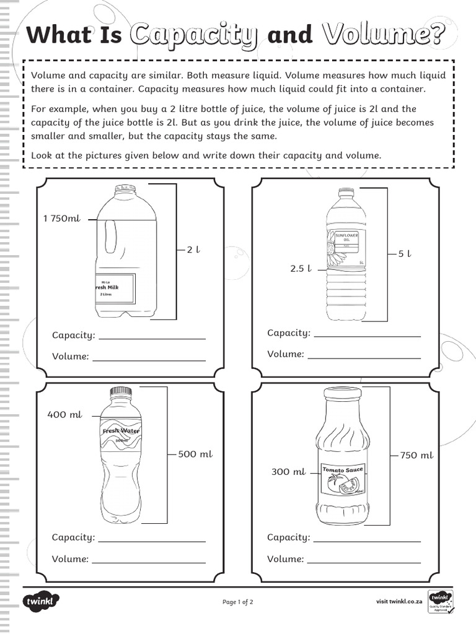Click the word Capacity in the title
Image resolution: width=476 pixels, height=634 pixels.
pos(193,35)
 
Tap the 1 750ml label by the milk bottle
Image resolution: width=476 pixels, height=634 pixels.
pos(62,218)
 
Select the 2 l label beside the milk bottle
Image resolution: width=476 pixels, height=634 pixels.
pos(193,250)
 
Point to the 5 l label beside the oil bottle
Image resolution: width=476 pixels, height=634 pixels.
pos(405,253)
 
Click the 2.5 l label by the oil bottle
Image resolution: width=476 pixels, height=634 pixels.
pos(300,269)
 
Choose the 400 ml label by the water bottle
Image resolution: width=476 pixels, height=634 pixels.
pos(64,415)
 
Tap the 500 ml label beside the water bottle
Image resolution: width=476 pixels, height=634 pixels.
pos(195,454)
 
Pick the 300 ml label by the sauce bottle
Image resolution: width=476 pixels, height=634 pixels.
pos(288,472)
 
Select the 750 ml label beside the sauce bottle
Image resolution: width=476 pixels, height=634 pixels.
pos(416,455)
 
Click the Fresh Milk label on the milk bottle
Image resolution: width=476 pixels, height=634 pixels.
pos(115,288)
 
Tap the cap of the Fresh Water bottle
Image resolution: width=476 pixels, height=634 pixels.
pos(121,391)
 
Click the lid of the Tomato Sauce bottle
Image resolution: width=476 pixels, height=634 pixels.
pos(342,393)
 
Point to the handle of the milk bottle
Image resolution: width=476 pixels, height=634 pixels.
pos(112,238)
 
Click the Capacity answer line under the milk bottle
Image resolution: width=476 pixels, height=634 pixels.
pos(152,338)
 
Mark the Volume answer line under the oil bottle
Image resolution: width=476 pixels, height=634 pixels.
pos(364,357)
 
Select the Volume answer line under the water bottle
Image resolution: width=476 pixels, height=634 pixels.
pos(149,562)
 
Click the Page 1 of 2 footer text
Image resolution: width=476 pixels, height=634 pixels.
pos(238,602)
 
